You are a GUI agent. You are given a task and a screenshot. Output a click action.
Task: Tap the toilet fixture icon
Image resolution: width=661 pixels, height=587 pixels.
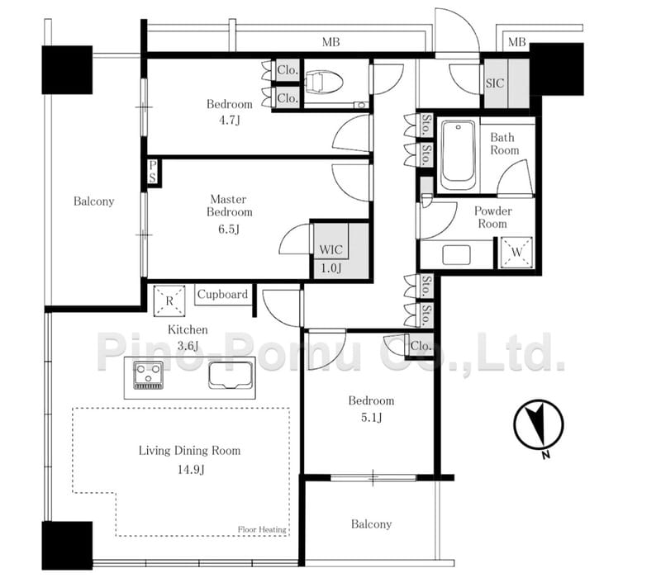(x=324, y=83)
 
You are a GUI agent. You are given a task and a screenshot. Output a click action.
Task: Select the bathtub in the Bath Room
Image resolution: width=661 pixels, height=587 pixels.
(x=458, y=155)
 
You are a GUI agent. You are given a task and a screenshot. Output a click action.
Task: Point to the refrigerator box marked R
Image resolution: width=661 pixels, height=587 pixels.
(x=169, y=301)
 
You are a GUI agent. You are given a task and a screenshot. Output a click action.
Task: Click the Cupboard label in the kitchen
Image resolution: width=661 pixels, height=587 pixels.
(x=222, y=295)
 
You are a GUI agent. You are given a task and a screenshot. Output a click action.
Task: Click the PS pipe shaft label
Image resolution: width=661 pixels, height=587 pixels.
(x=154, y=173)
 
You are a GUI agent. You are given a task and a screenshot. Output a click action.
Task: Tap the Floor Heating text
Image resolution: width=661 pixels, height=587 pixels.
(x=262, y=529)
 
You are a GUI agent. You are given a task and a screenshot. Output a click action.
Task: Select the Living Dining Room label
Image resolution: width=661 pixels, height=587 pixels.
(x=189, y=451)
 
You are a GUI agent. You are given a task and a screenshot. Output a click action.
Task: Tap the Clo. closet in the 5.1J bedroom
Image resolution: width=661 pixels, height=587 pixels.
(x=421, y=346)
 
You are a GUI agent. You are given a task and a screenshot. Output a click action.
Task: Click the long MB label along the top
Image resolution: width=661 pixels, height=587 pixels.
(x=331, y=42)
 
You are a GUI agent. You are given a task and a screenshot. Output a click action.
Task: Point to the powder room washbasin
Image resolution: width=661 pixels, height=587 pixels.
(x=456, y=254)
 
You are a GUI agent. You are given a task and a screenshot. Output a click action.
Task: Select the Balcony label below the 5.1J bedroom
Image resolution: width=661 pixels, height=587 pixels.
(x=371, y=524)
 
